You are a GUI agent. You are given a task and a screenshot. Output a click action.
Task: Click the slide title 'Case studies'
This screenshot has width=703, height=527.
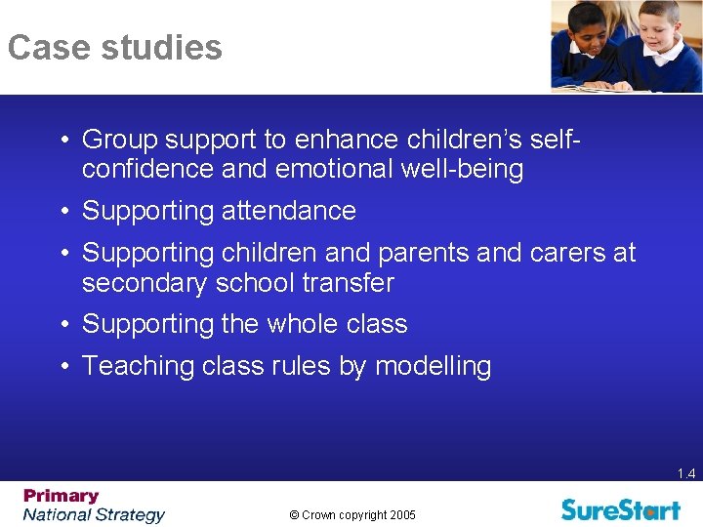click(114, 48)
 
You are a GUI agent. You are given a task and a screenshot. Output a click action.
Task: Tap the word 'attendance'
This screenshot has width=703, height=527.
click(289, 211)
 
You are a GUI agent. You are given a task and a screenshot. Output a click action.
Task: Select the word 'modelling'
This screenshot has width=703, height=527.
click(433, 366)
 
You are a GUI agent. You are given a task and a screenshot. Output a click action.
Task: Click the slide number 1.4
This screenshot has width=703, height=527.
click(685, 474)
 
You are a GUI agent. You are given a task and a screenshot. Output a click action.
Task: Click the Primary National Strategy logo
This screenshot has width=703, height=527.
click(94, 506)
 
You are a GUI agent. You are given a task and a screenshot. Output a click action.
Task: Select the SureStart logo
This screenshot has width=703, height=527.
click(620, 508)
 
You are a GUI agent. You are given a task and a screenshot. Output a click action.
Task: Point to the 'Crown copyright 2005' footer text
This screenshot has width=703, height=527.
click(351, 515)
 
